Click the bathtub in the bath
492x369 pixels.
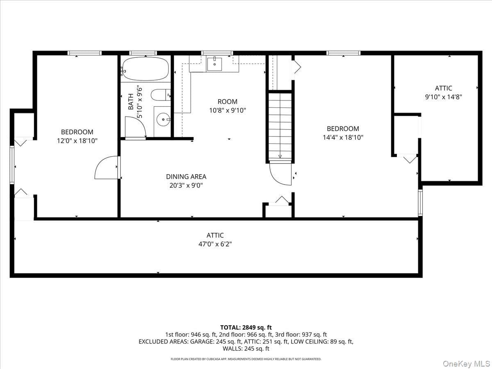[146, 68]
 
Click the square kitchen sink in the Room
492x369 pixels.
[214, 64]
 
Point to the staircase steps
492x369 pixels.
[280, 125]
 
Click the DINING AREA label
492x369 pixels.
[186, 177]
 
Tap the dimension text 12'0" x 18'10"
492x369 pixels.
[77, 141]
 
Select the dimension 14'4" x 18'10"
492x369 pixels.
[343, 137]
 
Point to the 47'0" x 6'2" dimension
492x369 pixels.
[215, 244]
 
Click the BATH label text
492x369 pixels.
[130, 102]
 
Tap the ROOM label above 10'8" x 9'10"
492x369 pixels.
[227, 102]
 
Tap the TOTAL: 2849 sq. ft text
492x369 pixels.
[246, 328]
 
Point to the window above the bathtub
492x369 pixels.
[143, 53]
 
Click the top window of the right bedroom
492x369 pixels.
[344, 53]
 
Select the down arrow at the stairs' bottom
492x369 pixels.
[280, 156]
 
